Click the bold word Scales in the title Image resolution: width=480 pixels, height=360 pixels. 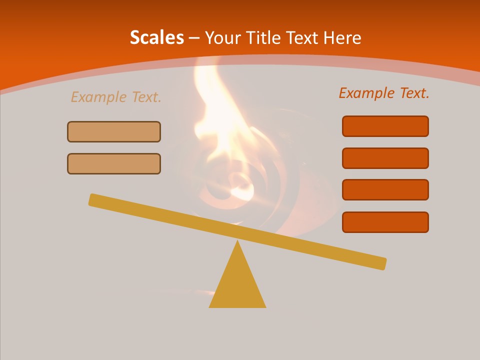[x=157, y=38]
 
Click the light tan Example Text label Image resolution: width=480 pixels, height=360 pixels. [x=116, y=97]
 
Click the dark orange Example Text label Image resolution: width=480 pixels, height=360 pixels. [x=384, y=93]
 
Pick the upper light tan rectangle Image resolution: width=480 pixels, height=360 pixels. [x=114, y=131]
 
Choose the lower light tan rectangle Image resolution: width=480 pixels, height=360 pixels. [x=114, y=163]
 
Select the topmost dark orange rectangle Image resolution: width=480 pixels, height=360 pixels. [x=385, y=126]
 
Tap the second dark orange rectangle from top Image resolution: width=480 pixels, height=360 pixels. [x=385, y=158]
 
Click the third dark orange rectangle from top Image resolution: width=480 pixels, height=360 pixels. [x=385, y=190]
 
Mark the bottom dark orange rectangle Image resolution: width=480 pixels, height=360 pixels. [x=385, y=222]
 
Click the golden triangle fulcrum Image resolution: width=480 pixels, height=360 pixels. [x=237, y=285]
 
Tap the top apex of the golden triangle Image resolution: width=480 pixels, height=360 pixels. [x=237, y=242]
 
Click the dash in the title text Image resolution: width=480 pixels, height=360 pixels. [x=194, y=38]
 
